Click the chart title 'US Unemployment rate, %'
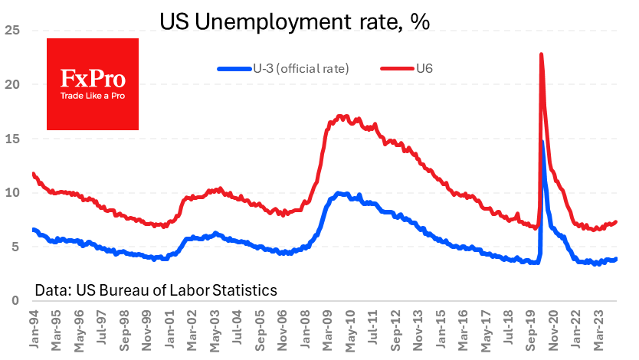(294, 21)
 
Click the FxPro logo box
(93, 83)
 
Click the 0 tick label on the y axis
(14, 301)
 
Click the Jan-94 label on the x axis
(34, 330)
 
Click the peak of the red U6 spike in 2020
(542, 54)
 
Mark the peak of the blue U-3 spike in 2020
(542, 141)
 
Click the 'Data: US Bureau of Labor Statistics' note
(156, 290)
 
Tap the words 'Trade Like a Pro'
(93, 96)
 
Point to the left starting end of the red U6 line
(33, 174)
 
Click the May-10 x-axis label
(348, 330)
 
